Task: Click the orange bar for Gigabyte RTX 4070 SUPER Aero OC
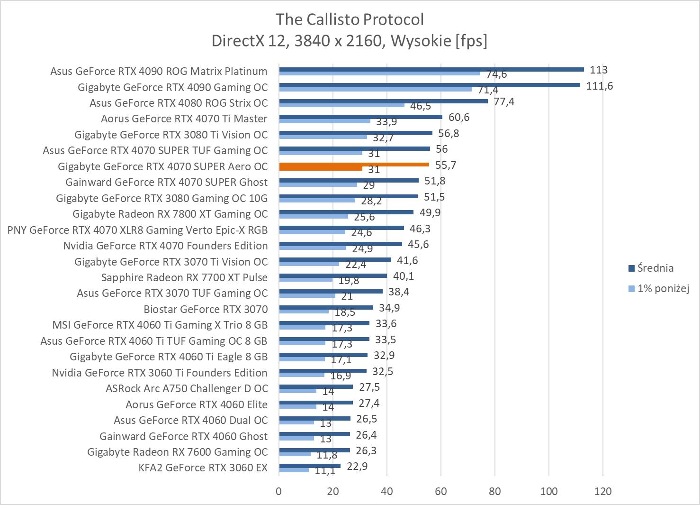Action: pyautogui.click(x=354, y=165)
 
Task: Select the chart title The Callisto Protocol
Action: pyautogui.click(x=350, y=19)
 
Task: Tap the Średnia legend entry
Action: pyautogui.click(x=655, y=268)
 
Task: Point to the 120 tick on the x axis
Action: pyautogui.click(x=603, y=491)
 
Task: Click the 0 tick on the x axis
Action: pyautogui.click(x=279, y=491)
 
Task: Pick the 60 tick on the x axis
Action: pyautogui.click(x=441, y=491)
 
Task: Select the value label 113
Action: pyautogui.click(x=599, y=70)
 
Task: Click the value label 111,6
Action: pyautogui.click(x=600, y=86)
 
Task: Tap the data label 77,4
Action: pyautogui.click(x=504, y=101)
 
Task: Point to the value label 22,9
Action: pyautogui.click(x=357, y=466)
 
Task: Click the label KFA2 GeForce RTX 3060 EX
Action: pyautogui.click(x=203, y=468)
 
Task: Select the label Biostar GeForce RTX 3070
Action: pyautogui.click(x=206, y=309)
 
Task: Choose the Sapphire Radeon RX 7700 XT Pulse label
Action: pyautogui.click(x=184, y=277)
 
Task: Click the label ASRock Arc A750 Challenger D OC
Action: pyautogui.click(x=187, y=388)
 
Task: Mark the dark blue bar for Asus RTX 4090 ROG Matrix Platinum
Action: pyautogui.click(x=431, y=69)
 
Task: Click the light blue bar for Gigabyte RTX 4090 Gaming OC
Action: pyautogui.click(x=375, y=89)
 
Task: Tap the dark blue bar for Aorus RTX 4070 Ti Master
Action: pyautogui.click(x=360, y=117)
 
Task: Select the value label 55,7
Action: pyautogui.click(x=446, y=165)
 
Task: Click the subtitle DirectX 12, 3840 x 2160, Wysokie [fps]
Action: pyautogui.click(x=350, y=41)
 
